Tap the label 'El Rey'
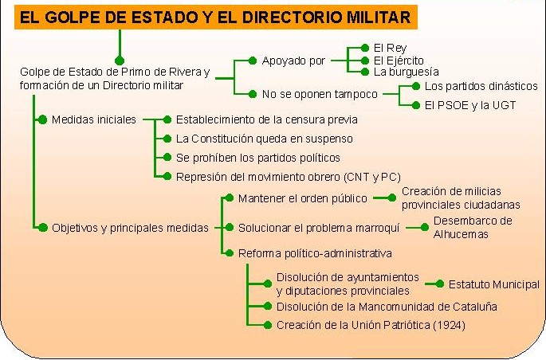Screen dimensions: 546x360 [390, 48]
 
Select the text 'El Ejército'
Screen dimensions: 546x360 [399, 61]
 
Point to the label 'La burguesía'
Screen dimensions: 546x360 [406, 72]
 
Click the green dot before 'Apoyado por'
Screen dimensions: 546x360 [253, 61]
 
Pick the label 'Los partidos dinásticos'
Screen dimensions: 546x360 [481, 86]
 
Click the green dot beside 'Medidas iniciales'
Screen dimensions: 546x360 [42, 119]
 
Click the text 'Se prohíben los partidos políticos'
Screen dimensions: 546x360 [258, 158]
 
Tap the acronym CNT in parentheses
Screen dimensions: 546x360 [359, 177]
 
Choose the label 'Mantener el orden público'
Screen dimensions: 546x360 [303, 198]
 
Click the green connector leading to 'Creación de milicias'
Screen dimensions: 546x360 [384, 198]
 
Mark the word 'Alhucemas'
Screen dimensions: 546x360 [461, 234]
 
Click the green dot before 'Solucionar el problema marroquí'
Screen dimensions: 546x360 [229, 228]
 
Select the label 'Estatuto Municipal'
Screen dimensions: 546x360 [493, 284]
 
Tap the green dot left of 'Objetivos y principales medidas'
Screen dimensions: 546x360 [42, 228]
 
